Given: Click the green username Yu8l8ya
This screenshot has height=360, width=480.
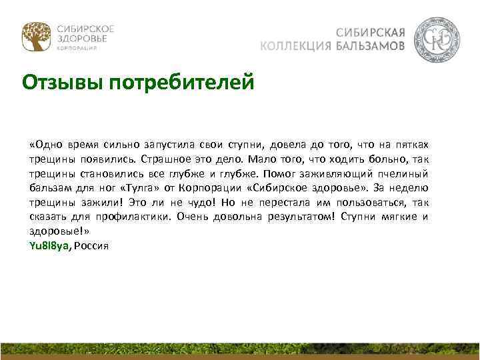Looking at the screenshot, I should pyautogui.click(x=49, y=246).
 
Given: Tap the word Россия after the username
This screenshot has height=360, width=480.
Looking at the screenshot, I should pyautogui.click(x=91, y=246).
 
